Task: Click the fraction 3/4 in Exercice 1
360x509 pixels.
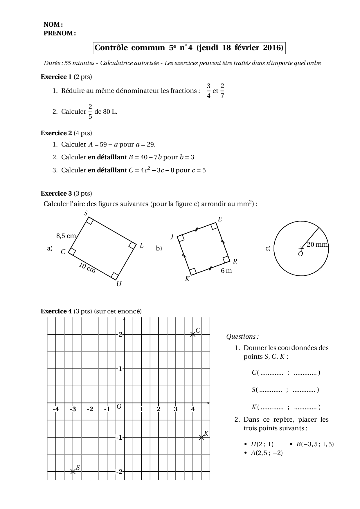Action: pyautogui.click(x=208, y=91)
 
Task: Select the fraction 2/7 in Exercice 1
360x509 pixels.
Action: pyautogui.click(x=222, y=91)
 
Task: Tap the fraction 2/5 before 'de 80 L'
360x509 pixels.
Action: pyautogui.click(x=90, y=111)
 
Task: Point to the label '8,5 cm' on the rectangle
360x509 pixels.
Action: pyautogui.click(x=66, y=236)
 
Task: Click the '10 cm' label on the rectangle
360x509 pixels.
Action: pyautogui.click(x=87, y=268)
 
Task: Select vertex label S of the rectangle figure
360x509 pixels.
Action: pyautogui.click(x=86, y=213)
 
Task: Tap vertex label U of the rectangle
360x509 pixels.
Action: pyautogui.click(x=119, y=284)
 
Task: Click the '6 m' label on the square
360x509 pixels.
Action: pyautogui.click(x=226, y=271)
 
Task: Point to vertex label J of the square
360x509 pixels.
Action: pyautogui.click(x=172, y=237)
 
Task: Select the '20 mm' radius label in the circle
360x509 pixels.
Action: pyautogui.click(x=317, y=244)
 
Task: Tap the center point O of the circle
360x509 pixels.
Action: pyautogui.click(x=301, y=248)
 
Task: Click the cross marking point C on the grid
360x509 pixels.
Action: pyautogui.click(x=193, y=334)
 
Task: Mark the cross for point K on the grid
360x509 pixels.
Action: pyautogui.click(x=201, y=437)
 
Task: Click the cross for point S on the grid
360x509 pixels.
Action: pyautogui.click(x=73, y=472)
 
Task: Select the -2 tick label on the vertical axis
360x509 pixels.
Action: pyautogui.click(x=119, y=472)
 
